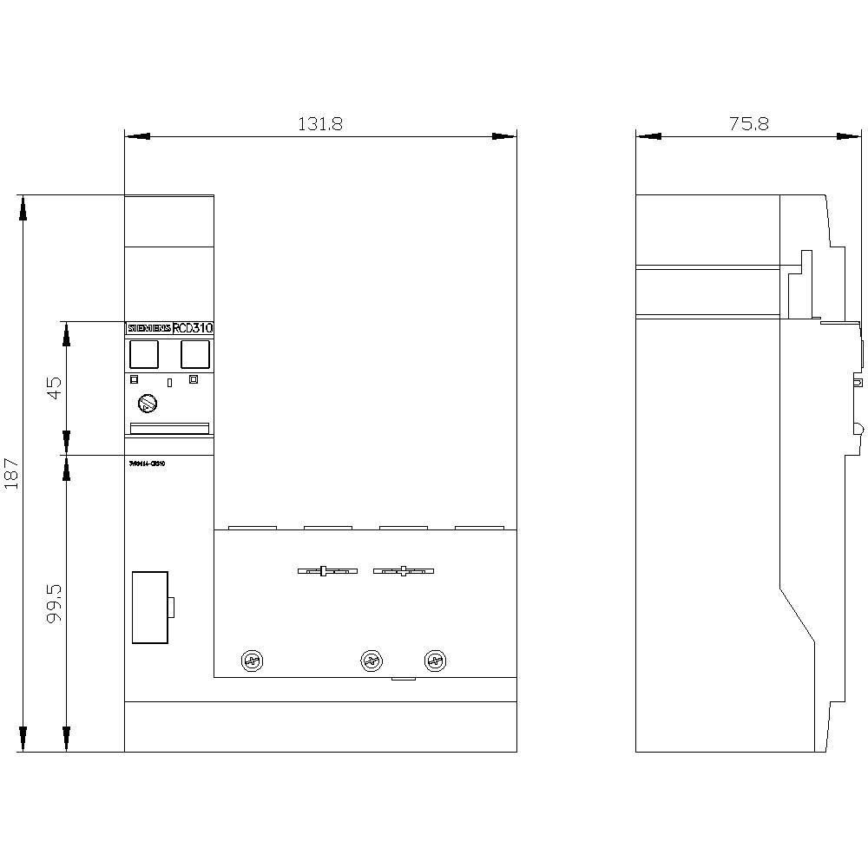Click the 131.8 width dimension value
(x=321, y=124)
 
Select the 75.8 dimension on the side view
(x=748, y=124)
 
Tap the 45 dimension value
(x=54, y=387)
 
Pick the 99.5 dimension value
(x=54, y=602)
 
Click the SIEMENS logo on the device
(x=149, y=329)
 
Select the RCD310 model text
(x=192, y=329)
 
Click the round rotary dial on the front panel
(x=148, y=404)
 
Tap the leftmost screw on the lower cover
(x=253, y=661)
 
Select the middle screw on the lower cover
(x=372, y=661)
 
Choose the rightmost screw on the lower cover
(x=434, y=661)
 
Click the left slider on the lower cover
(x=326, y=571)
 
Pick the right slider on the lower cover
(x=403, y=571)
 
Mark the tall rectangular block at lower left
(x=149, y=608)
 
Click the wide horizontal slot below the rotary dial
(x=169, y=427)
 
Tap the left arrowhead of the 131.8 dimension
(x=137, y=136)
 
